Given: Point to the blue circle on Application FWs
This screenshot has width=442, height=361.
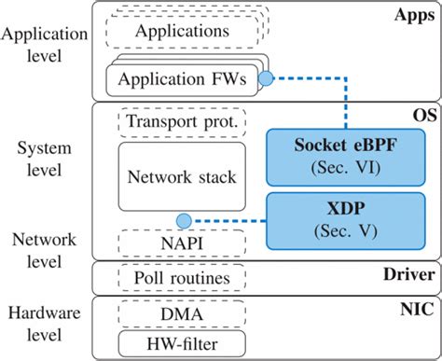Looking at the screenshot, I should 265,79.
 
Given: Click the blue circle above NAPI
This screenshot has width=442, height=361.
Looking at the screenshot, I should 183,221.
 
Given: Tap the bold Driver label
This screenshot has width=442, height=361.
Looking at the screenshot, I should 409,274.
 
